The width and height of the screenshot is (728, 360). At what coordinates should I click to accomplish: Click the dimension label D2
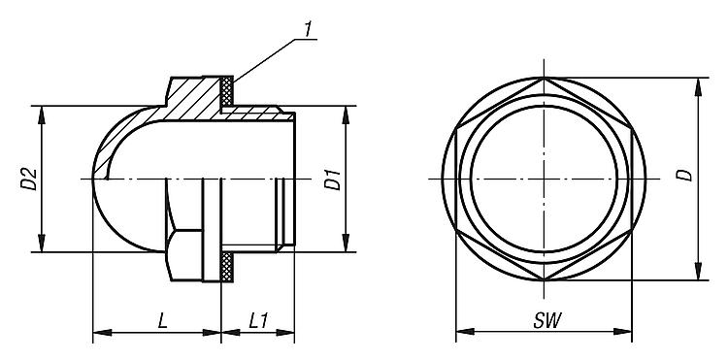(x=29, y=180)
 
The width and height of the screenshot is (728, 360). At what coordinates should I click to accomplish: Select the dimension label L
(x=162, y=320)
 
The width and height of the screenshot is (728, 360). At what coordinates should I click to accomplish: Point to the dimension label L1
(x=258, y=320)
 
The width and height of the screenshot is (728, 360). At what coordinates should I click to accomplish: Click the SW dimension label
(x=547, y=320)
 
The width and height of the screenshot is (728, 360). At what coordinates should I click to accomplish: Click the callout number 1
(x=308, y=29)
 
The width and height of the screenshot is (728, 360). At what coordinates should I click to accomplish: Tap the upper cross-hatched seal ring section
(x=226, y=91)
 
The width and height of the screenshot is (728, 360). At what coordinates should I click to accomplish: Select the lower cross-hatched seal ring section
(x=226, y=267)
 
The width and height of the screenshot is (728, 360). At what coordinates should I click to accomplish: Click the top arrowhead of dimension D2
(x=42, y=115)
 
